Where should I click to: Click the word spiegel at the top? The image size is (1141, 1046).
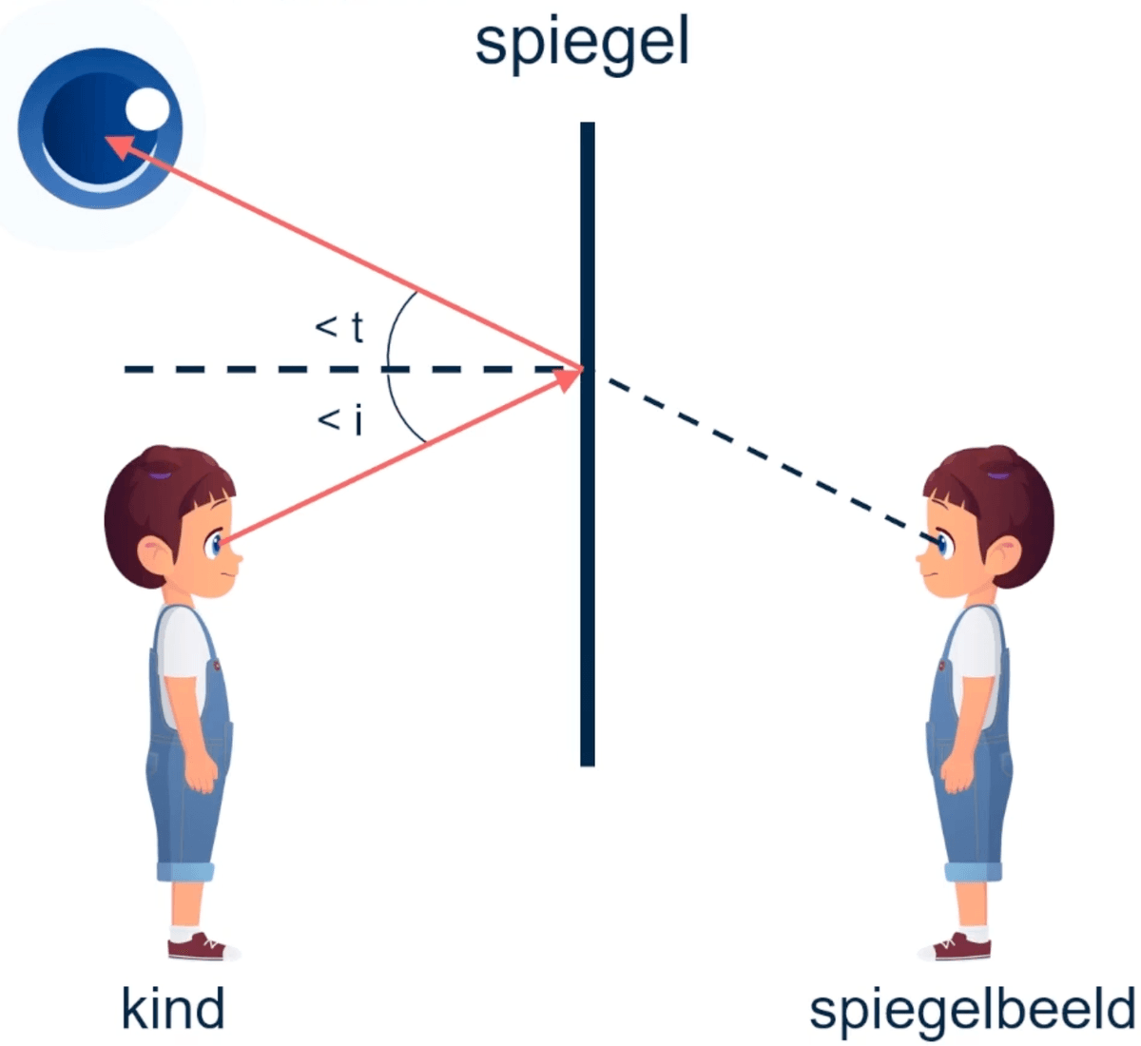pyautogui.click(x=582, y=44)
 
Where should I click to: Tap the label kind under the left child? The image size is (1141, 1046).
pyautogui.click(x=173, y=1009)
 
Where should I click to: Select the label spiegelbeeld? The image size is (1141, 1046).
pyautogui.click(x=972, y=1009)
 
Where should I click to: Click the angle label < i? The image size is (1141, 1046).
pyautogui.click(x=339, y=418)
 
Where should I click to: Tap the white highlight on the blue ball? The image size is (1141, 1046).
pyautogui.click(x=147, y=109)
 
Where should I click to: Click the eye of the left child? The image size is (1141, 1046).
pyautogui.click(x=217, y=544)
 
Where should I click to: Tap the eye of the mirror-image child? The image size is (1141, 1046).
pyautogui.click(x=942, y=544)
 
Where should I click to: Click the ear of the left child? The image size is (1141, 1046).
pyautogui.click(x=152, y=552)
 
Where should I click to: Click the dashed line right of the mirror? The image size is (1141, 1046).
pyautogui.click(x=761, y=455)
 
